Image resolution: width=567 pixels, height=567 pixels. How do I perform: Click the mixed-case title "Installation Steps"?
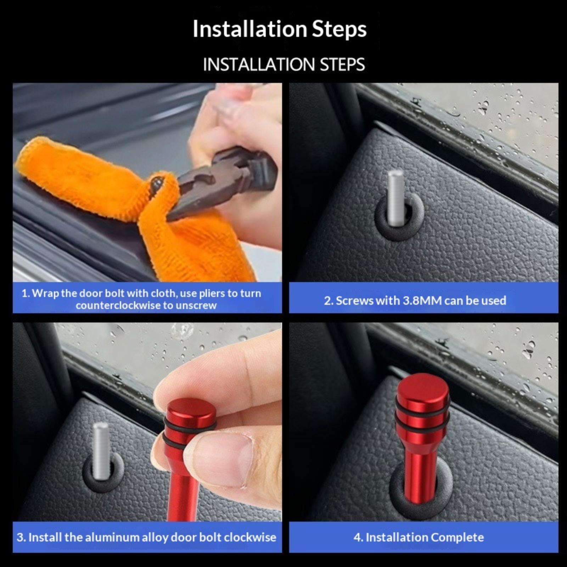(x=280, y=29)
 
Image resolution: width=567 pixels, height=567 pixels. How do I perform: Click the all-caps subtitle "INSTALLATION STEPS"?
(x=284, y=64)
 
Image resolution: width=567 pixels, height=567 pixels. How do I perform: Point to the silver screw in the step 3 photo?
(x=101, y=450)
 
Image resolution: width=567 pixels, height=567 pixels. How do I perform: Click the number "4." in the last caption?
(x=358, y=538)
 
